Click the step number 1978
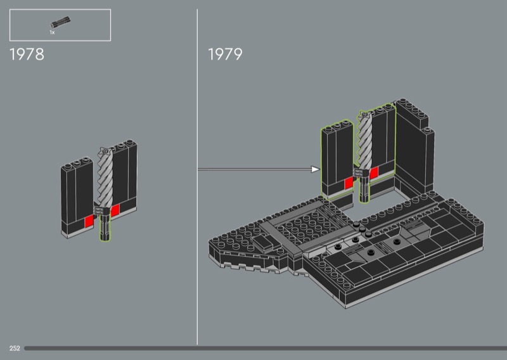pos(27,55)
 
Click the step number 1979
pos(225,54)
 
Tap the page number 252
pos(15,348)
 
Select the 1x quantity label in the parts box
pos(52,32)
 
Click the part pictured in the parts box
pos(60,22)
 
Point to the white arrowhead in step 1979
pos(315,169)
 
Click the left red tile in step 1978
pos(89,222)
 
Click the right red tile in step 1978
pos(115,210)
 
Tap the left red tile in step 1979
pos(349,183)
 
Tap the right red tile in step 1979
pos(374,173)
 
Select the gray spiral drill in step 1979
pos(366,139)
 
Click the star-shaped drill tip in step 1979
pos(364,114)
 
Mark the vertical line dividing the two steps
pos(197,177)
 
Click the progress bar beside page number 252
pos(266,348)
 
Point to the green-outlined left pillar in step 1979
pos(337,158)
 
